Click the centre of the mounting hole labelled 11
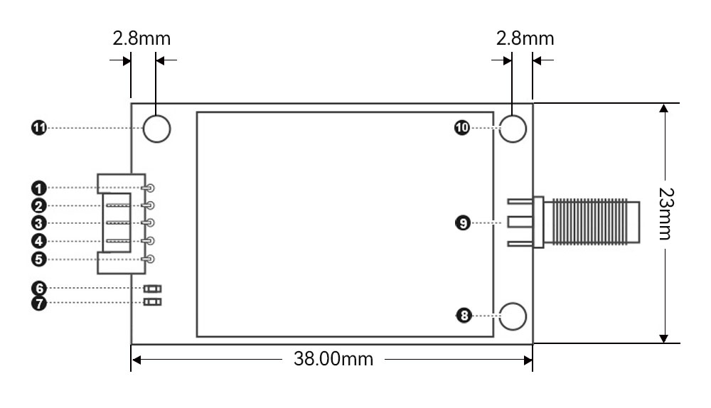click(156, 129)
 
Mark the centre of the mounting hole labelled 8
click(513, 316)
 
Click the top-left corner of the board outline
click(132, 103)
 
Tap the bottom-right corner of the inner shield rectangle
click(493, 336)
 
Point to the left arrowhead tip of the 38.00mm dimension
click(132, 360)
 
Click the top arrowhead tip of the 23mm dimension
click(664, 104)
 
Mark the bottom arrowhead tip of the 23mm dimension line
click(664, 343)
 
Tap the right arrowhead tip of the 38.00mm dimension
click(533, 360)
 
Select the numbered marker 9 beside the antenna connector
click(463, 223)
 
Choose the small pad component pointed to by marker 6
click(152, 289)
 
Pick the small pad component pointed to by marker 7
click(152, 302)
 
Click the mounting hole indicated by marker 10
click(513, 129)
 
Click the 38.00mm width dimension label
click(333, 359)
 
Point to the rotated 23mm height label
click(666, 213)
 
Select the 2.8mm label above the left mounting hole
click(141, 38)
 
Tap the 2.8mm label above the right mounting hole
click(525, 38)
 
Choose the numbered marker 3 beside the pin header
click(39, 223)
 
